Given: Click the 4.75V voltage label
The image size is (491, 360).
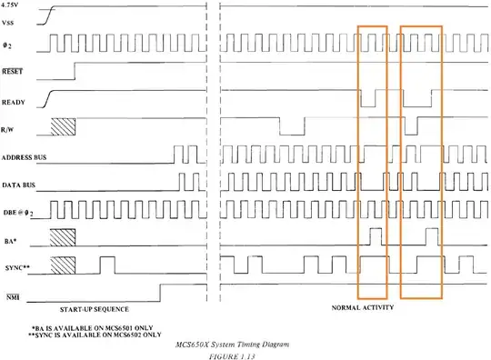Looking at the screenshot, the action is pos(9,5).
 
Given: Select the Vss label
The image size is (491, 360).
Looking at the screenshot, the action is pos(7,23).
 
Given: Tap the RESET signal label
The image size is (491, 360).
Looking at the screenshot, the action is pos(12,72).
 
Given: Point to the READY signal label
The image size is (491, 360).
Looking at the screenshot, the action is pos(13,103).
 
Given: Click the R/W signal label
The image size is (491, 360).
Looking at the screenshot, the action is pos(7,129).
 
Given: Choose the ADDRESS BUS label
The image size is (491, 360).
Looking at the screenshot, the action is pos(24,157).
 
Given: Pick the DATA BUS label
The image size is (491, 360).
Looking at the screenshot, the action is pos(18,185).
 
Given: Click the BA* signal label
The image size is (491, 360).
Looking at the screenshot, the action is pos(10,241).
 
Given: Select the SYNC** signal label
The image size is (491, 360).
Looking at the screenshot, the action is pos(17,268).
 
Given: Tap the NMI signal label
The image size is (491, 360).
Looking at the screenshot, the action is pos(13,297).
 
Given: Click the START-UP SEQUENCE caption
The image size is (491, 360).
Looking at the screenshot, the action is pos(95,309).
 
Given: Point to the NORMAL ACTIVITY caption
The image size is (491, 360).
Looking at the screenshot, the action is pos(363,307).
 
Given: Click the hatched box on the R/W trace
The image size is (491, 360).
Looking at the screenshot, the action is pos(64,126).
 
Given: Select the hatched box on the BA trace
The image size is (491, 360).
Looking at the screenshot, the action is pos(63,237).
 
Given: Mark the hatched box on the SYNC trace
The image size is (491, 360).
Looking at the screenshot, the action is pos(63,265).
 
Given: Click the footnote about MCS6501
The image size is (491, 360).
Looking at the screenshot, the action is pos(93,328).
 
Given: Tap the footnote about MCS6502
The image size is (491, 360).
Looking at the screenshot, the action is pos(95,335).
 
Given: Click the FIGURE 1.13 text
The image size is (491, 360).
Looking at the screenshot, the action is pos(232,356).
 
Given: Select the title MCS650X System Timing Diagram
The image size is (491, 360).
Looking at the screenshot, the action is pos(232,345).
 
